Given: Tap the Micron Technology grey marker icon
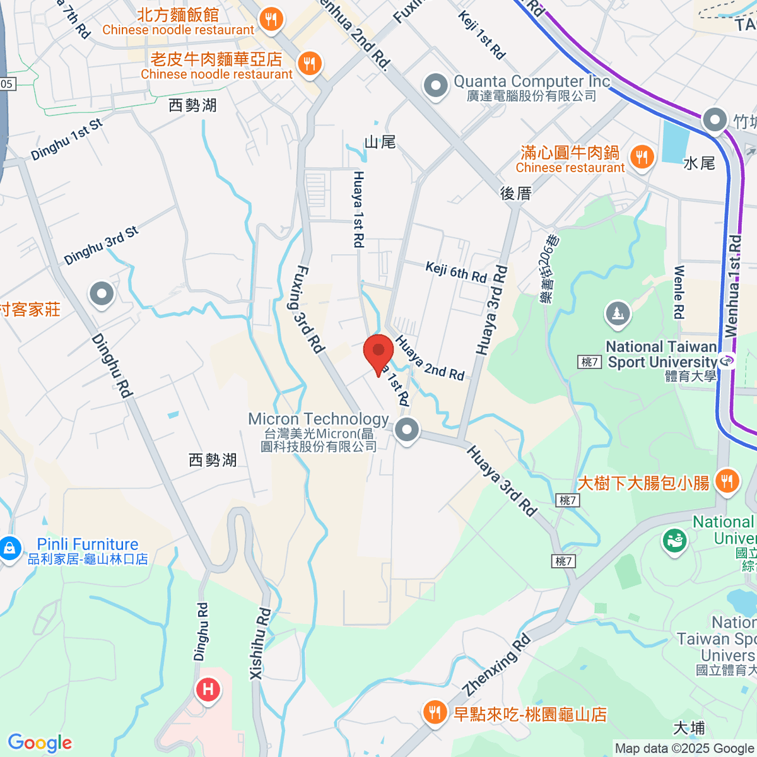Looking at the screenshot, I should (x=407, y=431).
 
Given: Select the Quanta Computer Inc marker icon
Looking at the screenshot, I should (x=435, y=86).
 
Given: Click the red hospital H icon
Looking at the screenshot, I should (x=208, y=688).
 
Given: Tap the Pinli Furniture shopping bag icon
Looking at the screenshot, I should (x=9, y=548).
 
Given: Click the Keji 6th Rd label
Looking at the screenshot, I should (x=456, y=273).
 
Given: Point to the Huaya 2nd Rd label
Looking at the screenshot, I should (x=430, y=358).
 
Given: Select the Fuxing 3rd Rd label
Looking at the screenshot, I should (x=310, y=309).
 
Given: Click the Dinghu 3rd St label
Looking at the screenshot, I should (x=101, y=245).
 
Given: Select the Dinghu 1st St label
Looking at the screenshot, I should (x=66, y=139).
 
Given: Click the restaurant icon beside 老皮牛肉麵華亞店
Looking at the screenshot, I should (x=309, y=64).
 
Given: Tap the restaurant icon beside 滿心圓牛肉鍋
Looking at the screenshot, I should (x=642, y=158).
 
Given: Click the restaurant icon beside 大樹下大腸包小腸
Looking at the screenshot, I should (x=727, y=482).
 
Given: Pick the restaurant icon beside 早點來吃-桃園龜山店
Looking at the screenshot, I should (x=434, y=713).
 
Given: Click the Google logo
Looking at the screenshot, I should (x=40, y=742).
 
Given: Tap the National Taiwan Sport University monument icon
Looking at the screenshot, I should (x=617, y=314).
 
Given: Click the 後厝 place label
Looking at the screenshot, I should (x=516, y=194).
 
